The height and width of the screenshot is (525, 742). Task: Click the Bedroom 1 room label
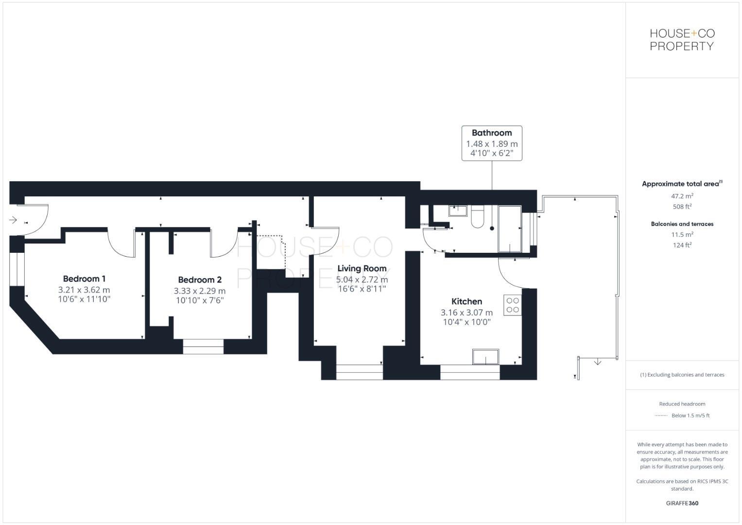84,279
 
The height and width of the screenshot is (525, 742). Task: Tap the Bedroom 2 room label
200,280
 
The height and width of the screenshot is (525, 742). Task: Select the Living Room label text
362,268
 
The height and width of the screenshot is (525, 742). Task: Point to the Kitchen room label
466,301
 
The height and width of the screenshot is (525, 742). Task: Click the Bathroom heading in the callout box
492,133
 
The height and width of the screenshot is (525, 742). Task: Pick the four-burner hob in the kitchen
513,305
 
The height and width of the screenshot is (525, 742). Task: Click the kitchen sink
485,357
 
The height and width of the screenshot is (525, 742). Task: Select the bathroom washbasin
457,210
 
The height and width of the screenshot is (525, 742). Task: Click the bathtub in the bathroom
510,228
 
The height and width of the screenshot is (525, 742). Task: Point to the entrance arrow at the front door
13,220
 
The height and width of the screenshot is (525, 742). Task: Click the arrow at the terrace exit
598,362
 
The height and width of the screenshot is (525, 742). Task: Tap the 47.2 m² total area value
682,196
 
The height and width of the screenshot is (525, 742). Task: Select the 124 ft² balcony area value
682,245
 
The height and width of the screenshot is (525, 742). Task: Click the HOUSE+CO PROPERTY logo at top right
682,40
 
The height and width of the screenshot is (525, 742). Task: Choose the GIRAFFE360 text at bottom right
682,503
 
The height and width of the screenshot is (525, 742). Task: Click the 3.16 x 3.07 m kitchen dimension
466,313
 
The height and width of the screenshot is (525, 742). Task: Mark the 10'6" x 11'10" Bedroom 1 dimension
84,299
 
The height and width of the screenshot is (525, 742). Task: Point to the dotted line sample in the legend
661,416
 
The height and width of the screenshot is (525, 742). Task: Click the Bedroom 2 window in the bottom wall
203,347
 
